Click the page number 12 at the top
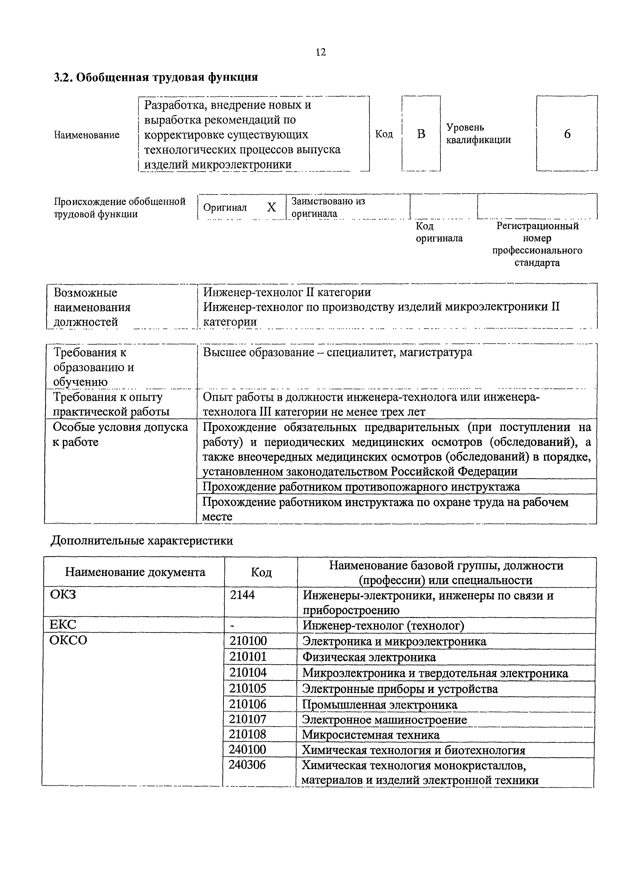[x=320, y=52]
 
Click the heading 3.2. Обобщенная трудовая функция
[x=156, y=77]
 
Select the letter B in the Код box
[x=421, y=134]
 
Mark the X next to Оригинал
[x=271, y=207]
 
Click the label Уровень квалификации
[x=478, y=133]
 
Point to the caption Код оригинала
[x=439, y=232]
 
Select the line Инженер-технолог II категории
[x=287, y=292]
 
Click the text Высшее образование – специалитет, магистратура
[x=337, y=352]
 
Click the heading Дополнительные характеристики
[x=142, y=541]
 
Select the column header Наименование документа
[x=135, y=572]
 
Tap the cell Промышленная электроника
[x=380, y=704]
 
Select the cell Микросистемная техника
[x=370, y=735]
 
